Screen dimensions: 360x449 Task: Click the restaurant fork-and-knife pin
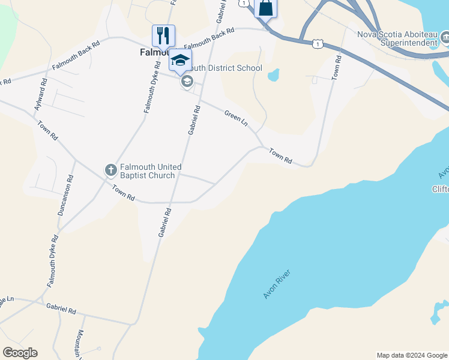163,36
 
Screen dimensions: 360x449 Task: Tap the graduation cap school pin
180,60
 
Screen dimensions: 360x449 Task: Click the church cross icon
110,170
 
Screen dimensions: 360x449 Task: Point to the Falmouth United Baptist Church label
148,171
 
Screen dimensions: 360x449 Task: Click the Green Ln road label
236,118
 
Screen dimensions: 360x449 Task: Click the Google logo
20,353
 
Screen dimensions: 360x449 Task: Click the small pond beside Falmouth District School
273,75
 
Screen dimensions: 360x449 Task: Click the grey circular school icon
187,82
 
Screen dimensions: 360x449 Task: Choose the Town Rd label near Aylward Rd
47,130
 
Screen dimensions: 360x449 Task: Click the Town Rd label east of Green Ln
280,156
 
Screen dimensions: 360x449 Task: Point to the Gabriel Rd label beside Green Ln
193,120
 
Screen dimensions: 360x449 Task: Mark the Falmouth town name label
148,52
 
